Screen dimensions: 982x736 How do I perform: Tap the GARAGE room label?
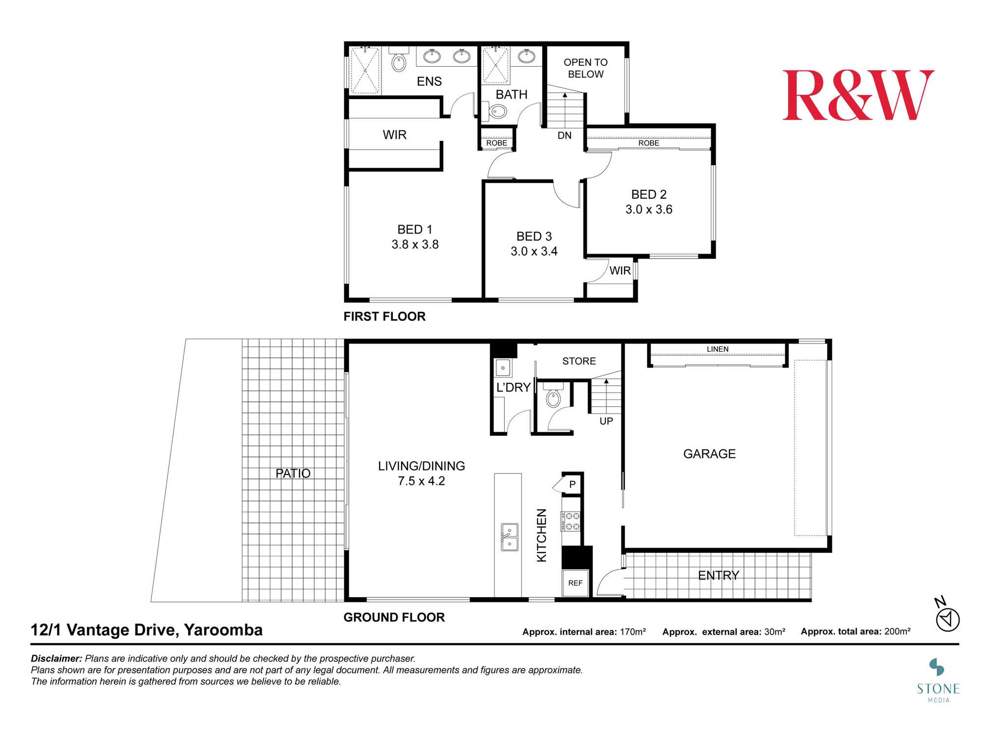tap(709, 454)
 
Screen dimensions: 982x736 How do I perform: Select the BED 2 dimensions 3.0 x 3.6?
tap(649, 210)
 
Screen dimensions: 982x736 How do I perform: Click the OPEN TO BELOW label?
tap(585, 68)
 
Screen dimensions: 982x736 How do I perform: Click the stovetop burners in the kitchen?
tap(571, 521)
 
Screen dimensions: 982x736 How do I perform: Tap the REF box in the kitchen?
tap(575, 583)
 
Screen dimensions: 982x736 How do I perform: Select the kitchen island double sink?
tap(509, 537)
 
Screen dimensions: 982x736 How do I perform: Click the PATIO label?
tap(293, 473)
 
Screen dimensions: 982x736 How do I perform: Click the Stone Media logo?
tap(938, 681)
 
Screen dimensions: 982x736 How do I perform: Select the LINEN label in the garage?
tap(717, 349)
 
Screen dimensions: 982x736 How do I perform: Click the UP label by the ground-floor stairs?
tap(606, 421)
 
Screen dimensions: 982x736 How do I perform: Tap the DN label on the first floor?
tap(565, 135)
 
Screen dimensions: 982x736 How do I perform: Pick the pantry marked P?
tap(572, 484)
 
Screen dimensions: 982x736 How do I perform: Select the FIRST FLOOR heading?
tap(384, 316)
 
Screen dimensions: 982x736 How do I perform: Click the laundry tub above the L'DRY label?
tap(503, 368)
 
